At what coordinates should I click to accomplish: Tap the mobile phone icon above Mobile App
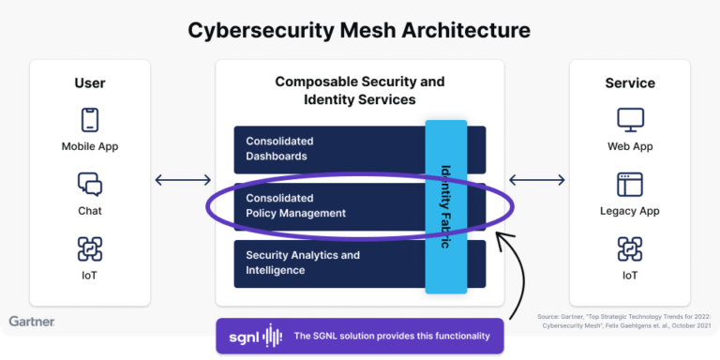coord(90,120)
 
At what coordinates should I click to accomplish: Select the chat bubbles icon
coord(90,184)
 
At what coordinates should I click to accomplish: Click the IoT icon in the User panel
coord(90,248)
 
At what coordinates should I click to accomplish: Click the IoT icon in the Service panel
coord(630,248)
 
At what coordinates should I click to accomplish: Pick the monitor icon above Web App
coord(630,120)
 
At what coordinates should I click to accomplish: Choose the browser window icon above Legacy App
coord(630,184)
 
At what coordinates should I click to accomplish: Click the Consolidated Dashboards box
coord(328,149)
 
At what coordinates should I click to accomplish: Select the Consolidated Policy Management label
coord(295,206)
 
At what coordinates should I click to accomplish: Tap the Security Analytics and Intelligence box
coord(328,262)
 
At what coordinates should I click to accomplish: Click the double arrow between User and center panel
coord(183,180)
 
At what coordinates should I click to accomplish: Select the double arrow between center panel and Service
coord(536,180)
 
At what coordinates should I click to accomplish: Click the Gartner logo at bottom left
coord(32,322)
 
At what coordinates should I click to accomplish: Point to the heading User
coord(90,83)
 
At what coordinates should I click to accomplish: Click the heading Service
coord(630,83)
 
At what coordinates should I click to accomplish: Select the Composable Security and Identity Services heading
coord(359,91)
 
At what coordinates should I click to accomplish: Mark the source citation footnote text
coord(623,322)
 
